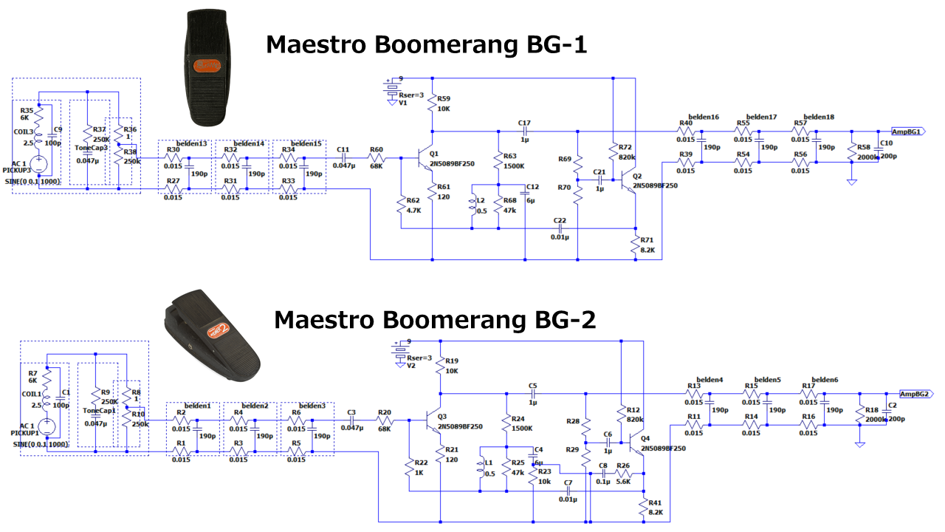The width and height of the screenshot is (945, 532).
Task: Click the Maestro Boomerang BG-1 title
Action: [426, 45]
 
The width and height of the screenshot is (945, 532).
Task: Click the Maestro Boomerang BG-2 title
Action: [435, 320]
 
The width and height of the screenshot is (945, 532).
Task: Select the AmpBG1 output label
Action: [906, 132]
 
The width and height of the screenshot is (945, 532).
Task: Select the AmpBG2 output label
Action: [915, 394]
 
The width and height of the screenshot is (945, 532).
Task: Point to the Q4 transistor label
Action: [647, 438]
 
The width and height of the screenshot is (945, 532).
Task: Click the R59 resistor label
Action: [444, 98]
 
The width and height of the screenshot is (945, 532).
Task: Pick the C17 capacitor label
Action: [524, 123]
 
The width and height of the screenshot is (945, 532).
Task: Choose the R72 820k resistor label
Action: [626, 149]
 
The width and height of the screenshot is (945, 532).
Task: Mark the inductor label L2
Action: [481, 200]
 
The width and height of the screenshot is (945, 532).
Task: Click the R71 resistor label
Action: [647, 240]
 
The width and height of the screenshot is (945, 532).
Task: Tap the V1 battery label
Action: [403, 103]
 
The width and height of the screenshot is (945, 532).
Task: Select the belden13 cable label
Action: [192, 143]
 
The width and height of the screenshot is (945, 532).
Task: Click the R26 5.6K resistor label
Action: [623, 465]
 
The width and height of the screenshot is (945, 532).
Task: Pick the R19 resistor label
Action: [452, 361]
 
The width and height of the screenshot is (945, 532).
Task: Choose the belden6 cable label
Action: [824, 380]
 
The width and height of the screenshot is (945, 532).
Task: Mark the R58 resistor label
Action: [864, 148]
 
